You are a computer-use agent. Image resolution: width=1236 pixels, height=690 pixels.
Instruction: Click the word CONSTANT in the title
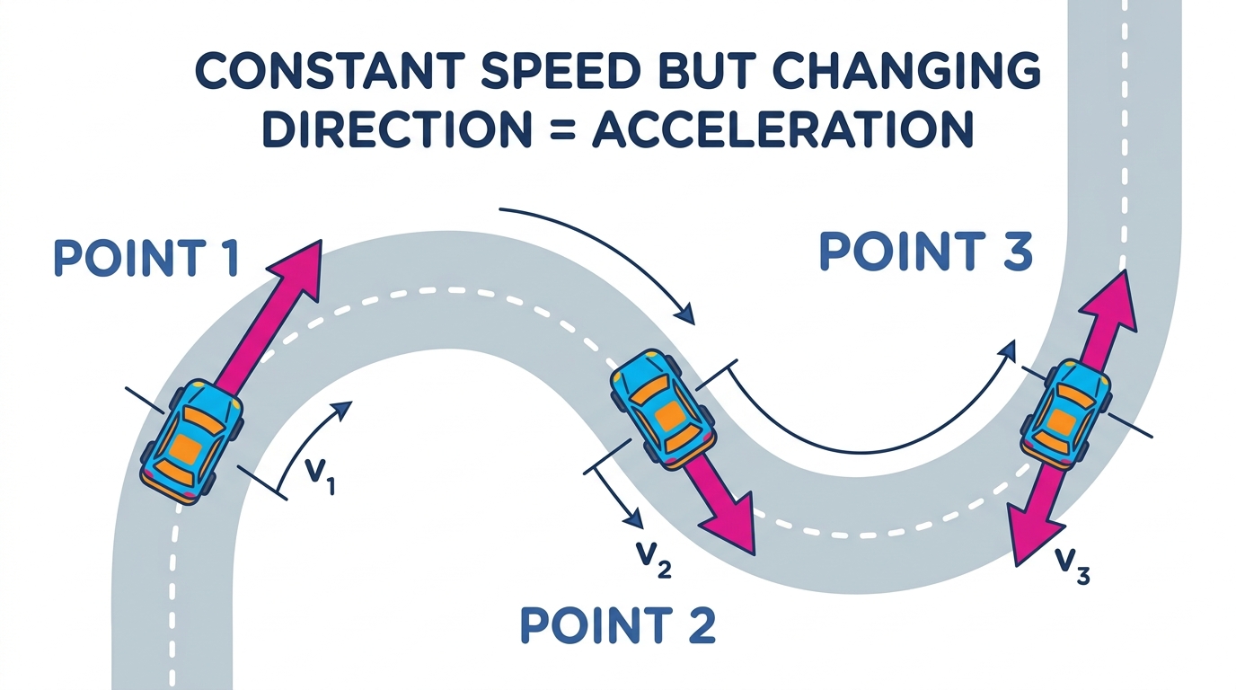tap(329, 71)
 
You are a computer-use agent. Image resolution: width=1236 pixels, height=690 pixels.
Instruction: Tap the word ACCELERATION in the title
tap(782, 129)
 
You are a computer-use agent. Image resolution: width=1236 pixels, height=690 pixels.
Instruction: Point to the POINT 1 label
tap(146, 258)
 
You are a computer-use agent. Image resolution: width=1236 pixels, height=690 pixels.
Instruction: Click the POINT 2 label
tap(618, 625)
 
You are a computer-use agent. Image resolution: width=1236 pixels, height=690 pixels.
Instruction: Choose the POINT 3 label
tap(925, 252)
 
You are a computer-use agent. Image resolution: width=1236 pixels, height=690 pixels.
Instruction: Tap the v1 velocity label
tap(320, 476)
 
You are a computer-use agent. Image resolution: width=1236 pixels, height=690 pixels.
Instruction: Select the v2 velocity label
tap(654, 559)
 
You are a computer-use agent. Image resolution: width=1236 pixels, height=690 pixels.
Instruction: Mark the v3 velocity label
tap(1073, 566)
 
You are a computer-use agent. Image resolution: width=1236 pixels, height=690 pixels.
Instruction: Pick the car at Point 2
tap(663, 410)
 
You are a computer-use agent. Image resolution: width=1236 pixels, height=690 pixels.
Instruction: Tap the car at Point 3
tap(1065, 414)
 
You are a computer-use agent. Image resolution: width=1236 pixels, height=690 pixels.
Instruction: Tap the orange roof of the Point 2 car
tap(669, 415)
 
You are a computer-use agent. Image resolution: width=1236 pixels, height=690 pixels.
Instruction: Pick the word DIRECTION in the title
tap(397, 129)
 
